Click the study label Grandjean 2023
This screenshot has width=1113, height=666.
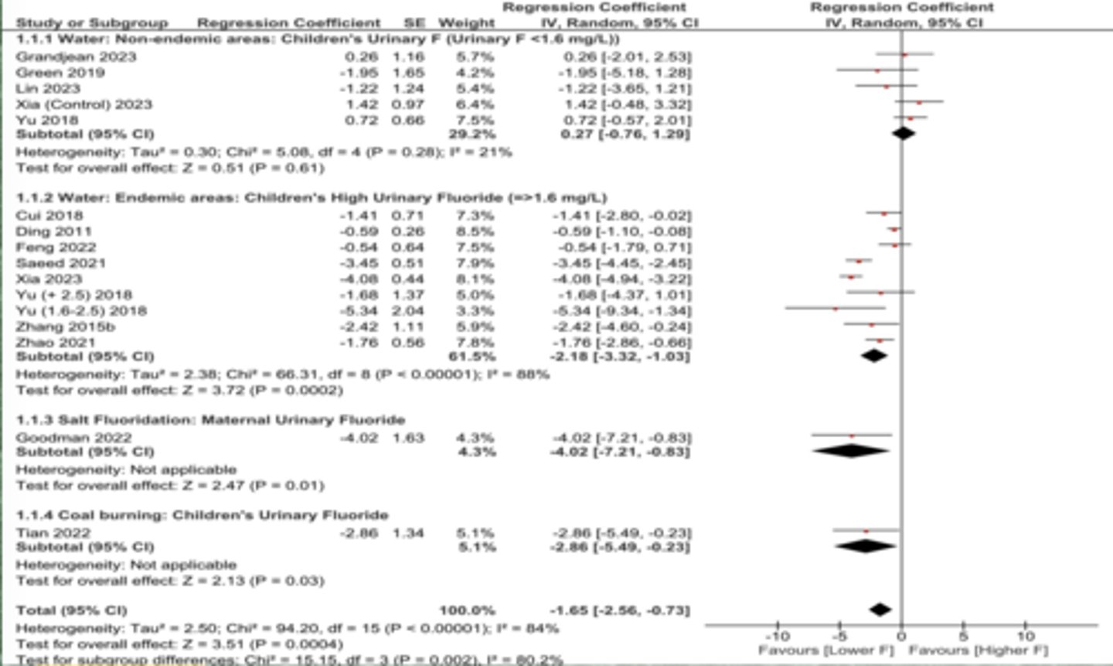[x=76, y=56]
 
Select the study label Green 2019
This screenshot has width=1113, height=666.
[x=60, y=73]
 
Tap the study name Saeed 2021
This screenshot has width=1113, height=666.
[x=60, y=263]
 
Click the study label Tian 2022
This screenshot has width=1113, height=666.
[x=53, y=532]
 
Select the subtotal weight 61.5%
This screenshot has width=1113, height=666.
[x=472, y=357]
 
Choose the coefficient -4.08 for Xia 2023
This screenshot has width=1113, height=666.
[x=359, y=279]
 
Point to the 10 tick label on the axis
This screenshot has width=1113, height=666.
[x=1025, y=637]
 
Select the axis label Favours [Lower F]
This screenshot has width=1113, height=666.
[x=825, y=651]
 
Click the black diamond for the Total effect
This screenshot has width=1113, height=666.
[x=880, y=610]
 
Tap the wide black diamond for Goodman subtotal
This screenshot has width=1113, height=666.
[x=851, y=451]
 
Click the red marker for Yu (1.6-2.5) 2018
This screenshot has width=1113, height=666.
[x=836, y=309]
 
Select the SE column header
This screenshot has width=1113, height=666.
[x=414, y=23]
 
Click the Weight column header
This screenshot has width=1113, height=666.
[x=466, y=23]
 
